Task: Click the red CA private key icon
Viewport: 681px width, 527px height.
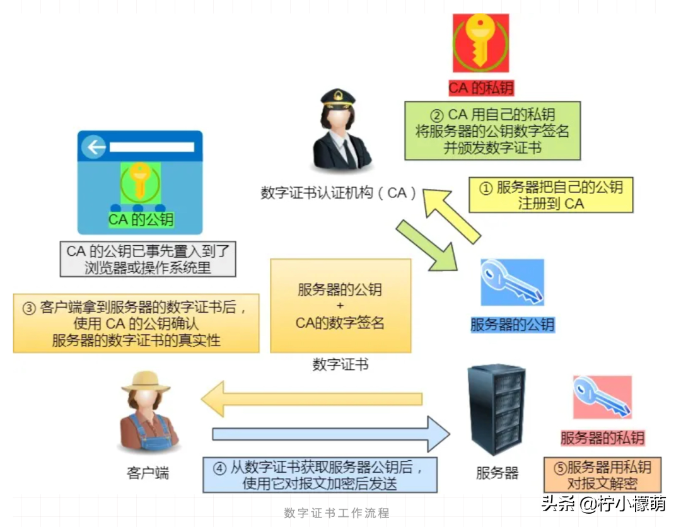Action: [x=480, y=43]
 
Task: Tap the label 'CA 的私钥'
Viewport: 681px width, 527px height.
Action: [x=481, y=88]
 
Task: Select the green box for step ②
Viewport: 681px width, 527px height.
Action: [x=492, y=131]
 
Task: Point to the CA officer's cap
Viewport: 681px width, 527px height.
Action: [x=337, y=99]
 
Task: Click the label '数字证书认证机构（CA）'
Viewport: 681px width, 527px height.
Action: [x=339, y=193]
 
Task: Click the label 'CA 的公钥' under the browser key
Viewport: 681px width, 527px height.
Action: [x=141, y=219]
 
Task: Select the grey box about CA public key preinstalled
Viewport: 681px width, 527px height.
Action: [x=148, y=259]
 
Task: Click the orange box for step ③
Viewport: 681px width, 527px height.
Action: [x=136, y=323]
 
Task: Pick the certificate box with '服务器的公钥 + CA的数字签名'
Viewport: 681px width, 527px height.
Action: [x=340, y=306]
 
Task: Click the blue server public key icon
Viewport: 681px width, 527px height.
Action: [x=512, y=282]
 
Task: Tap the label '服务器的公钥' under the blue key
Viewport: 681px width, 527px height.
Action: [x=512, y=325]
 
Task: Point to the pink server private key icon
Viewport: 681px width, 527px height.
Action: [x=602, y=397]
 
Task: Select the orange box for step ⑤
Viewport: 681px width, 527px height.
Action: [x=602, y=475]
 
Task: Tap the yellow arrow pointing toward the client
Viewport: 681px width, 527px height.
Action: [x=312, y=399]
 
